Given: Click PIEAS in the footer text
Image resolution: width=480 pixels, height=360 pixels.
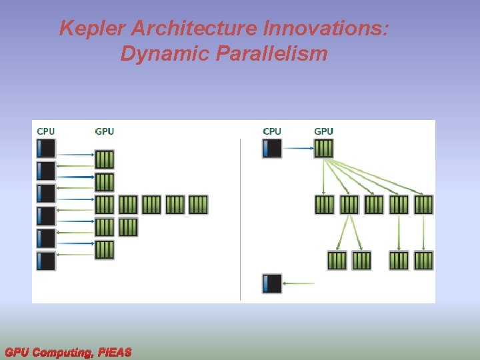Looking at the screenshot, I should click(115, 352).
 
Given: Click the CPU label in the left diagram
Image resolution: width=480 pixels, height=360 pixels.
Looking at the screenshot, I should click(46, 131).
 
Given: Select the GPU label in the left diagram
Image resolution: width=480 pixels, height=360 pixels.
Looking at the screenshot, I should click(105, 131).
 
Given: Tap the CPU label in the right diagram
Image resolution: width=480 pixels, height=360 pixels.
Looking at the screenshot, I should click(272, 131).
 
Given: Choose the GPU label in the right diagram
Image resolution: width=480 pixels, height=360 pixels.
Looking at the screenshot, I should click(323, 131).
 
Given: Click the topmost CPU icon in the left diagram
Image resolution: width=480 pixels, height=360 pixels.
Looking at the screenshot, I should click(46, 148).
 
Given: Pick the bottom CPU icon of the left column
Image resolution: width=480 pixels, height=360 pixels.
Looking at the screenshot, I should click(46, 261).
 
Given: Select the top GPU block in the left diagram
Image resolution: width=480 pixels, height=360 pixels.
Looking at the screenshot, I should click(105, 159).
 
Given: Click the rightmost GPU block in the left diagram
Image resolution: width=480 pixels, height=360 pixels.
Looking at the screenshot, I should click(198, 205).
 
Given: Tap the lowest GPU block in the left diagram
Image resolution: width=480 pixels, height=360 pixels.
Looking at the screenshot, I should click(105, 250).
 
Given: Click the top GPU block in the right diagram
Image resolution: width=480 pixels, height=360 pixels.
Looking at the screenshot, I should click(323, 148).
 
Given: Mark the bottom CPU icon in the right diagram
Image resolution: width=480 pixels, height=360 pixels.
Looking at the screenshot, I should click(272, 283).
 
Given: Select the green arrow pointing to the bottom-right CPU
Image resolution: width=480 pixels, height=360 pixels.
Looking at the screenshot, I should click(299, 283).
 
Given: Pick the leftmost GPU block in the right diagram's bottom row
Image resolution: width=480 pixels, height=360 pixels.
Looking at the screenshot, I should click(337, 260).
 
